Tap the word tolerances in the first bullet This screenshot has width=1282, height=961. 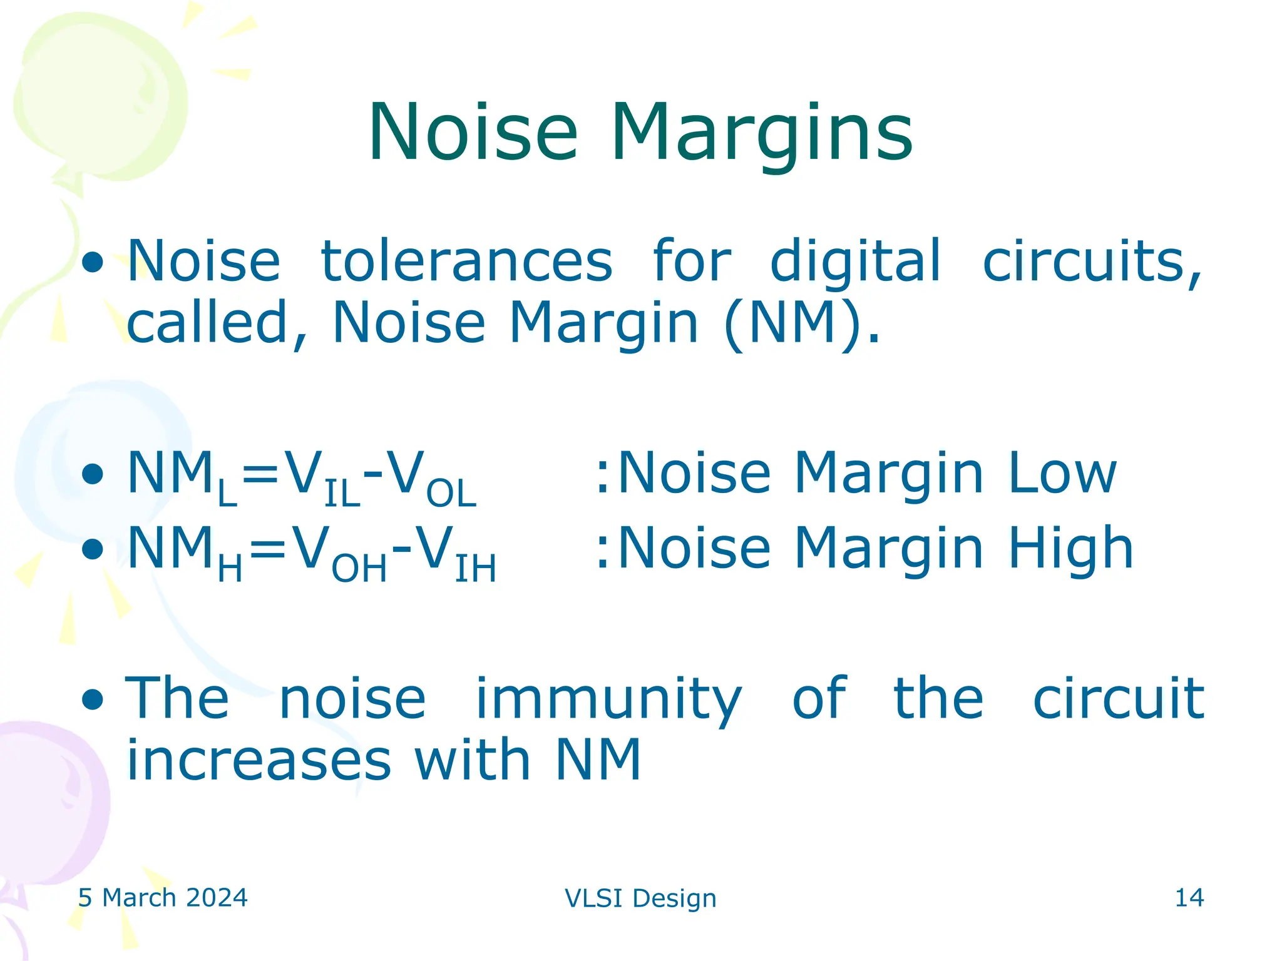click(x=466, y=261)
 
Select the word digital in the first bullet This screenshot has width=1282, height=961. click(x=855, y=261)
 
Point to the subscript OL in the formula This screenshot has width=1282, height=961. click(x=451, y=494)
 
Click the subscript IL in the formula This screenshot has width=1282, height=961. click(x=342, y=494)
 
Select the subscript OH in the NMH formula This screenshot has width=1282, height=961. click(x=359, y=569)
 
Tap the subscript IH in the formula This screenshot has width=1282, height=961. click(x=475, y=569)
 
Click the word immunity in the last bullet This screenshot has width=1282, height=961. click(x=608, y=699)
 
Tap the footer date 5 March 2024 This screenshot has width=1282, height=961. click(x=163, y=898)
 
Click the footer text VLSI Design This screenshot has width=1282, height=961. click(x=640, y=898)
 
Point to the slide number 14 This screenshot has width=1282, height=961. click(x=1189, y=898)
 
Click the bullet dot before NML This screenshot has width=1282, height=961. click(x=93, y=474)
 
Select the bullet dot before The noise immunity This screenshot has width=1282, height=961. click(x=93, y=699)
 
